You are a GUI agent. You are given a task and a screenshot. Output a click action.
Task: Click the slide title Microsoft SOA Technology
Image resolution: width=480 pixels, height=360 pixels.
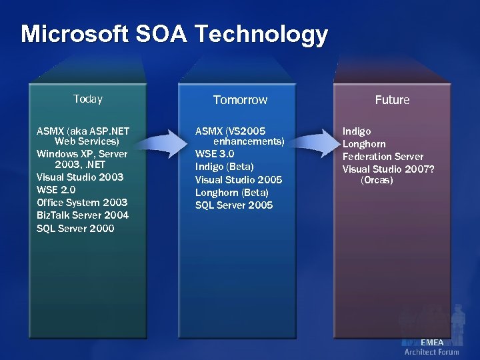(174, 34)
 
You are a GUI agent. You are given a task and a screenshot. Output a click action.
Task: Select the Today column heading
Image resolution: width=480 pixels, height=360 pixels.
(88, 99)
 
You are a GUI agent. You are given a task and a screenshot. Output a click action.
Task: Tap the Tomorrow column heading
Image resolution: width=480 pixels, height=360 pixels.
(240, 100)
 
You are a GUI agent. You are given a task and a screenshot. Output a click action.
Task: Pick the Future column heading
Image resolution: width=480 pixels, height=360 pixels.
(392, 100)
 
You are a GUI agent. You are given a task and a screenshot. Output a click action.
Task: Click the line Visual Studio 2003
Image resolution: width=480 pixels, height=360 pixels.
(80, 177)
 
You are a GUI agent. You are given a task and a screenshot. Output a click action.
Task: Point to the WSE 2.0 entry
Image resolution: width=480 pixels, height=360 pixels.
(57, 190)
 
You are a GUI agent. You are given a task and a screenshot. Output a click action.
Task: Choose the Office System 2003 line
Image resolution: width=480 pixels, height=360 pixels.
(82, 203)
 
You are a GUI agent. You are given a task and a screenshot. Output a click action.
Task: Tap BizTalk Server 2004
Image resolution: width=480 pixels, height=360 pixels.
(83, 215)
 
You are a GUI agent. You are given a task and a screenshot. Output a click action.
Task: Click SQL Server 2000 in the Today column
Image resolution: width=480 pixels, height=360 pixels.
(75, 229)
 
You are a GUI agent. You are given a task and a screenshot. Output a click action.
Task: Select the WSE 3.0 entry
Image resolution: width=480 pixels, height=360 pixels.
(215, 154)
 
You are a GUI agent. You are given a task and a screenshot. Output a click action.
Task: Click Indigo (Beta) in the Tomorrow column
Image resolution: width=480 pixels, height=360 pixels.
(224, 167)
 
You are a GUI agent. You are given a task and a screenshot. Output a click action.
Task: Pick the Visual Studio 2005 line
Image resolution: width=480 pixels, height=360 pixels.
(239, 180)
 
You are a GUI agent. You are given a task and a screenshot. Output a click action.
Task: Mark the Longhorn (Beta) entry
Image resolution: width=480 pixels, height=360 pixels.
(231, 193)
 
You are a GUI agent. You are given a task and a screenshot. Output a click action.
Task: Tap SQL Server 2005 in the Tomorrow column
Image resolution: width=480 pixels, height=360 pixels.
(234, 205)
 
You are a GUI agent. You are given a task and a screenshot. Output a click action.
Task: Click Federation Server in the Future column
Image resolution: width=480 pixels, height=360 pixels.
(383, 157)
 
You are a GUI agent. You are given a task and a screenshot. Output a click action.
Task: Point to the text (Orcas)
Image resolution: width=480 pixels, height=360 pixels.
(377, 181)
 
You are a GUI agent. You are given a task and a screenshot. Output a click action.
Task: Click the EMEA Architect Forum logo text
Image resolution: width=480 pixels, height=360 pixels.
(431, 347)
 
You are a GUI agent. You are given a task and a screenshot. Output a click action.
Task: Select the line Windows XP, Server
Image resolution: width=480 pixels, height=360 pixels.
(82, 154)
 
